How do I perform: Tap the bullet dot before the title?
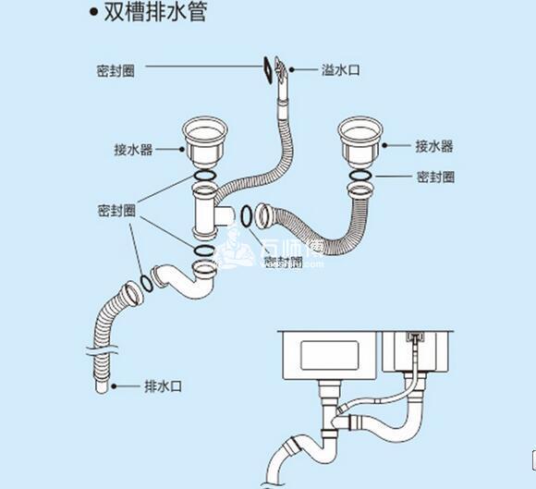92,14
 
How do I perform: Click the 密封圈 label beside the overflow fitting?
116,69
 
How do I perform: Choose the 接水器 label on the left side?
134,147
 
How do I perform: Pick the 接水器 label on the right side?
434,146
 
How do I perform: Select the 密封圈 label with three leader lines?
116,211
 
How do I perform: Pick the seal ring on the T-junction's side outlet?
248,216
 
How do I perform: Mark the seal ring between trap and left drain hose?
145,282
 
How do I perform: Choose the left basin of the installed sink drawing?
327,356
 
